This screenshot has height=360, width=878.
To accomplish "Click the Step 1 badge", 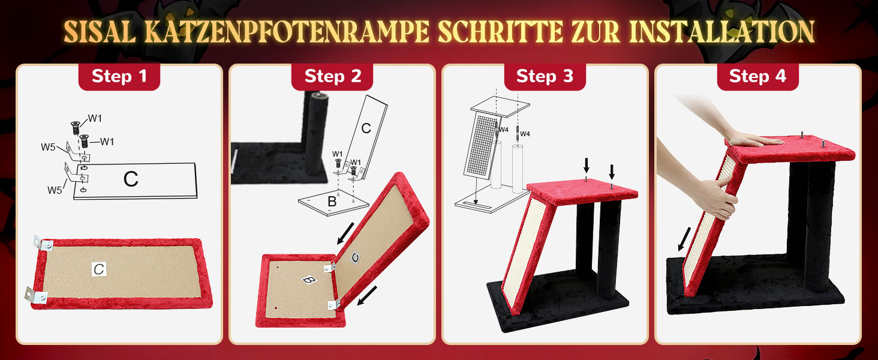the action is click(119, 76).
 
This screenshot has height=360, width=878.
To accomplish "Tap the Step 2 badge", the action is click(332, 76).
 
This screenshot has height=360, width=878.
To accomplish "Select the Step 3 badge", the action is click(545, 76).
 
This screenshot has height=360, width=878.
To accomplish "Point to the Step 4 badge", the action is click(757, 76).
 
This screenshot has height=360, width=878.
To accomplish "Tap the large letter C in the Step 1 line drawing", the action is click(131, 179).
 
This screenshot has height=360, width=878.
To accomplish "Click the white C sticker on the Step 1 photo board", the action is click(99, 269).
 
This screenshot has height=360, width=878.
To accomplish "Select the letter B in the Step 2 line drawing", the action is click(332, 201).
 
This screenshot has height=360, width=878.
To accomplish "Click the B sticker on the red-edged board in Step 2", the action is click(309, 280).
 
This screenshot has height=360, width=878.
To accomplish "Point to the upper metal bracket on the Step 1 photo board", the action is click(43, 244).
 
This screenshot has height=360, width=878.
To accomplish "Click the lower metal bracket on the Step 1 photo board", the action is click(36, 296).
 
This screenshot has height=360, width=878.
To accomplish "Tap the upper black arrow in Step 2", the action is click(345, 233).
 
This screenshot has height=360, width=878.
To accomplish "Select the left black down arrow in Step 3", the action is click(587, 165).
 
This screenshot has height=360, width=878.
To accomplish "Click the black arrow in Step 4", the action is click(684, 239).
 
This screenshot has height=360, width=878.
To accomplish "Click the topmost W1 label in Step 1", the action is click(95, 118).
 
